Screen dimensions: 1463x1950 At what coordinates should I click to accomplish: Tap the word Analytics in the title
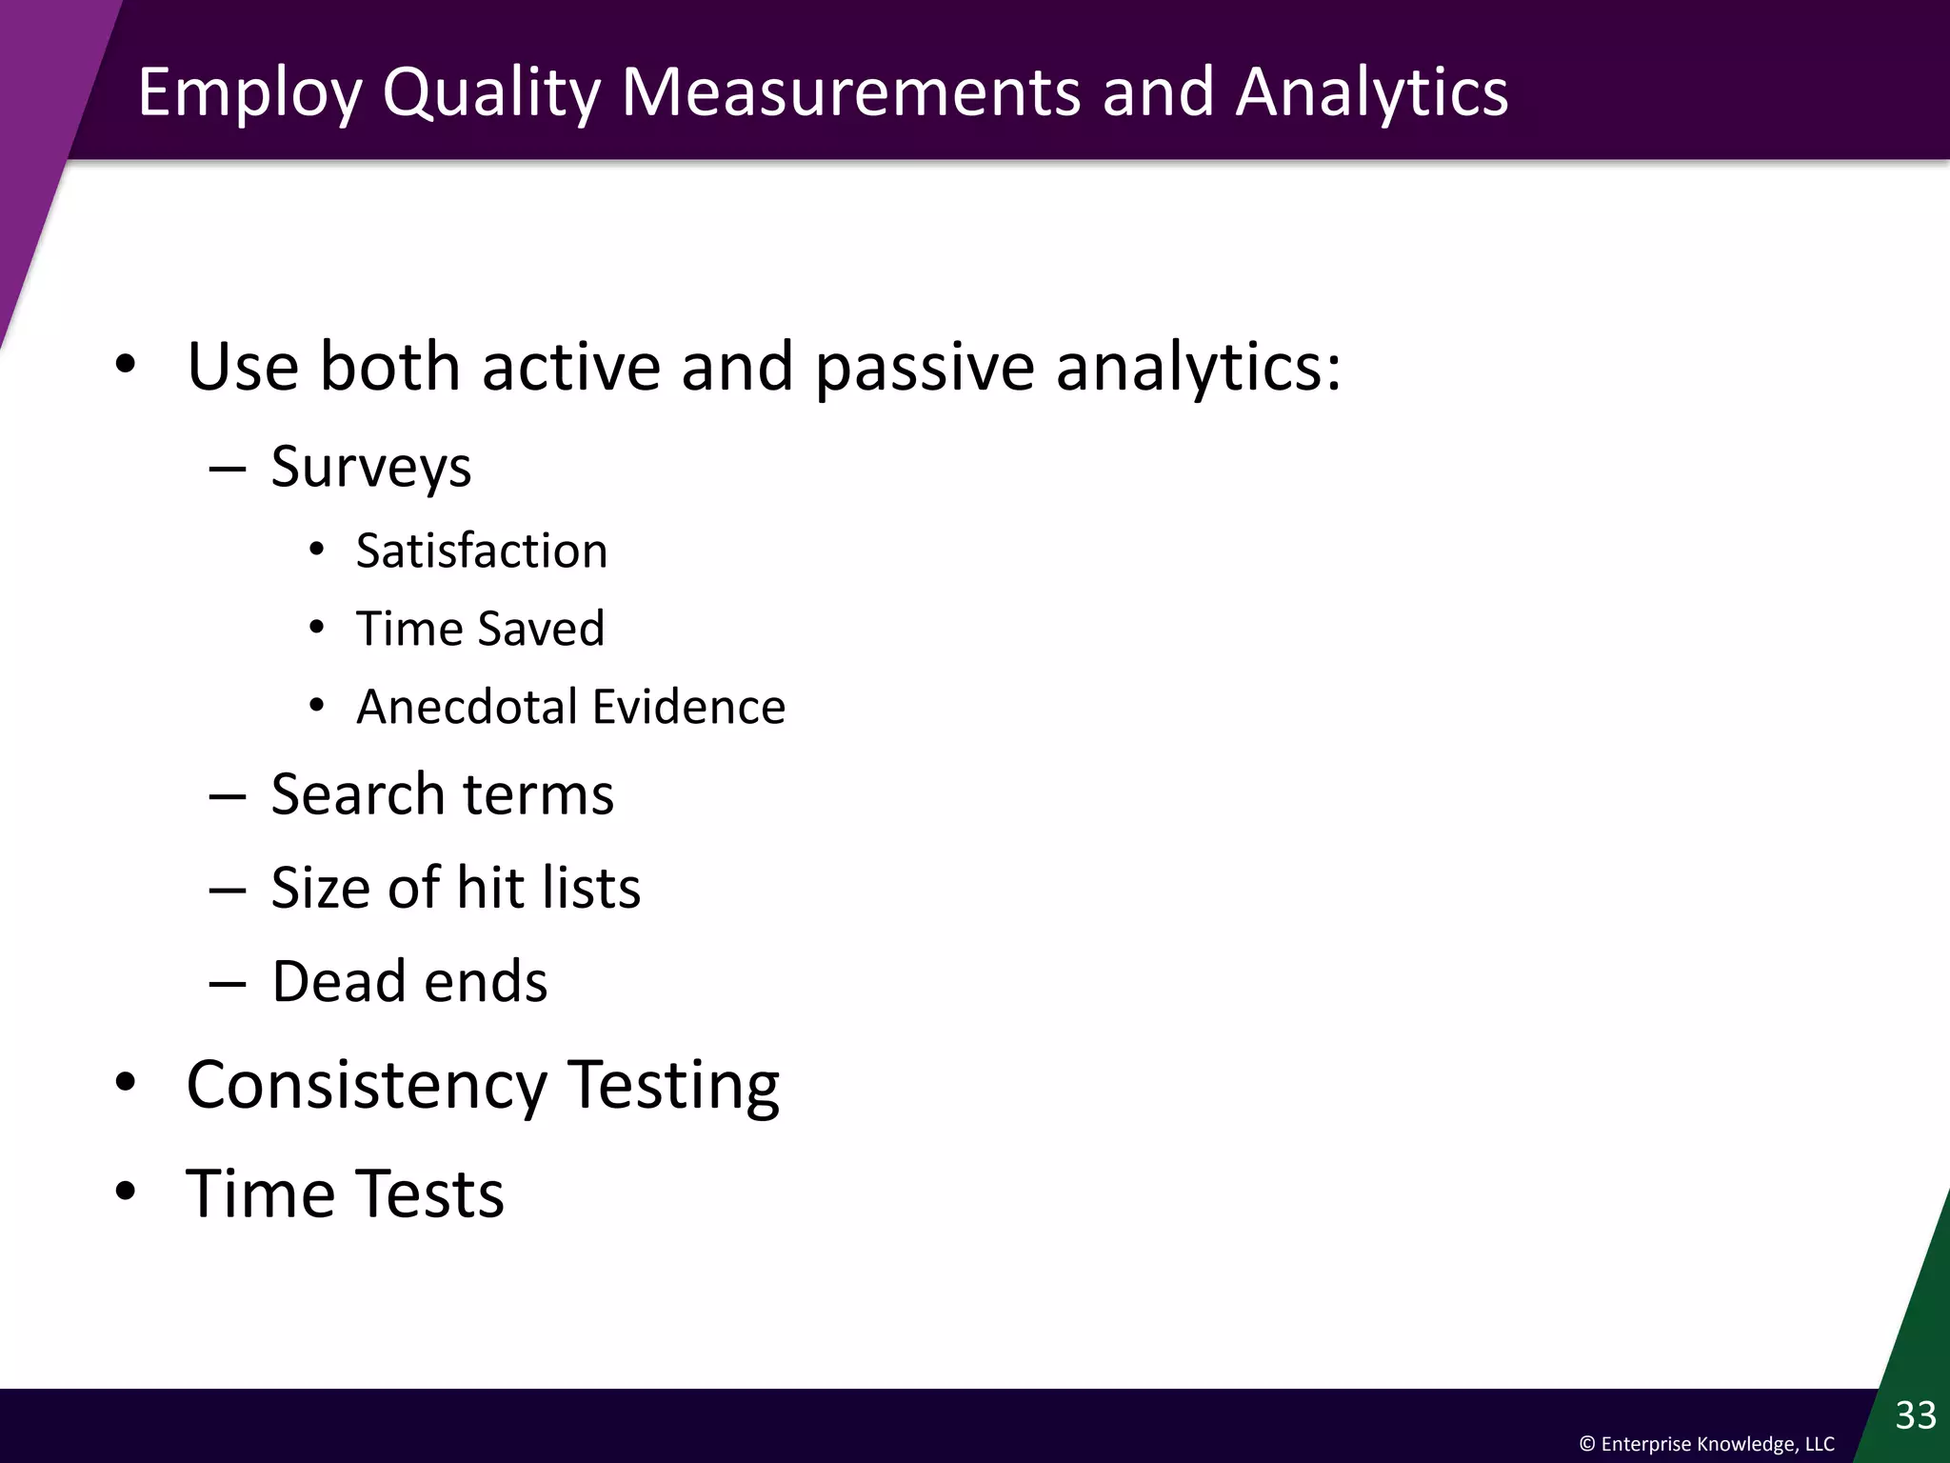point(1371,92)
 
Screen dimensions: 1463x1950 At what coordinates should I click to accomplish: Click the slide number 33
point(1915,1415)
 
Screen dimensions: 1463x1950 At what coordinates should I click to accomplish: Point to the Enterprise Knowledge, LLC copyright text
point(1706,1444)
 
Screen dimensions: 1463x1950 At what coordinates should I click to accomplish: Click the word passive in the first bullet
point(924,367)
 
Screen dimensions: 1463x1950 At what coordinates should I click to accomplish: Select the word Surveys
point(370,468)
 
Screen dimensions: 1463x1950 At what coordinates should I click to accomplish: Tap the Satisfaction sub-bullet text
point(481,551)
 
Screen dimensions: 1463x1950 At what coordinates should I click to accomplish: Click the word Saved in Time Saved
point(541,630)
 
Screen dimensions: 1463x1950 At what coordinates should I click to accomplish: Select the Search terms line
point(442,794)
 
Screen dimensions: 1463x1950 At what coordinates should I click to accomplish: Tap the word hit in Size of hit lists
point(489,888)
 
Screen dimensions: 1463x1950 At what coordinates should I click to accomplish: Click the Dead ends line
point(409,981)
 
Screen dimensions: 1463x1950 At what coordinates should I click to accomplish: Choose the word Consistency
point(366,1086)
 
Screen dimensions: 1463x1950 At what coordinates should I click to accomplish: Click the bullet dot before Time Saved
point(317,628)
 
